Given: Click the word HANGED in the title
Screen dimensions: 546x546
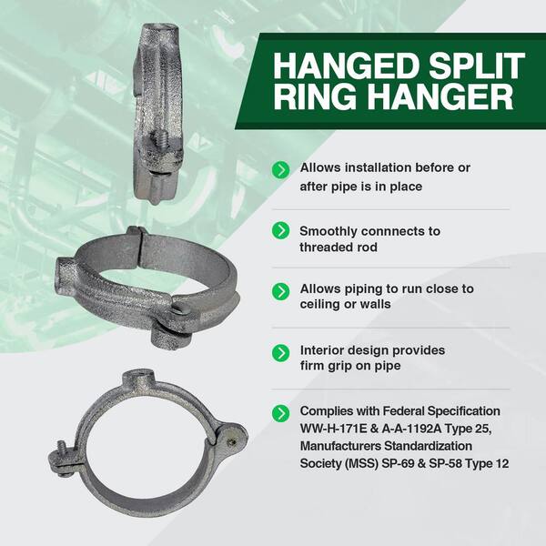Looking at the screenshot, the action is pyautogui.click(x=346, y=66).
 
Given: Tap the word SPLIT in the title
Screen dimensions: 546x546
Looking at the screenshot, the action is pyautogui.click(x=476, y=66).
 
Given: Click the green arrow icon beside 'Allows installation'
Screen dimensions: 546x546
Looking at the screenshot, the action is pyautogui.click(x=280, y=169).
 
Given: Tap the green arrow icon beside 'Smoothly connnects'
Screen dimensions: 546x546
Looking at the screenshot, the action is pyautogui.click(x=280, y=230).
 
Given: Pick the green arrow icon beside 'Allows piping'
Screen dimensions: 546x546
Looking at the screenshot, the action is pyautogui.click(x=280, y=291).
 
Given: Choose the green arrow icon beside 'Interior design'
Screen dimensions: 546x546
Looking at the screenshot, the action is pyautogui.click(x=280, y=353).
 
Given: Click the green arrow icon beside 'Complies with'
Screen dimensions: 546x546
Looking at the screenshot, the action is pyautogui.click(x=280, y=413).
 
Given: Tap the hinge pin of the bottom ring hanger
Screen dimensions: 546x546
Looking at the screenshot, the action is pyautogui.click(x=231, y=442).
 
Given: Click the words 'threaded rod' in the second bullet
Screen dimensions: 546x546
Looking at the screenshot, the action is pyautogui.click(x=339, y=248).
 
